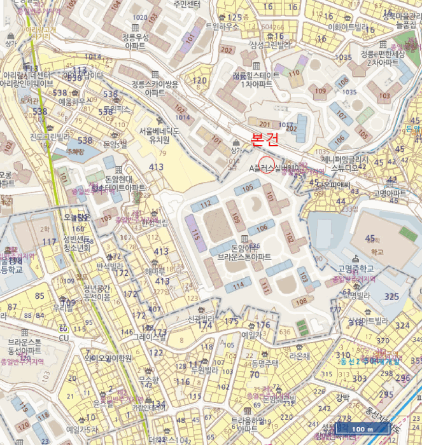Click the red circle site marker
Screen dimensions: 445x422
267,163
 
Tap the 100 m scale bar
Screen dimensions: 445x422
362,430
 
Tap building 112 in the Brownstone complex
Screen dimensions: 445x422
206,205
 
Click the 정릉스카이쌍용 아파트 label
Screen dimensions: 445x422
155,88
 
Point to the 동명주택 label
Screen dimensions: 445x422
265,364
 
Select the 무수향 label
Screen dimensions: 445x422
148,380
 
